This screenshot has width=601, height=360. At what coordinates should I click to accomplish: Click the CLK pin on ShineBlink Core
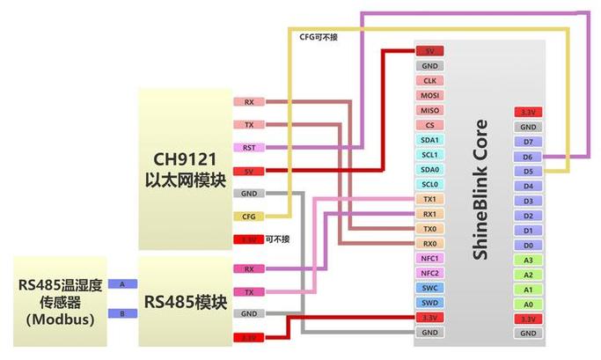(429, 80)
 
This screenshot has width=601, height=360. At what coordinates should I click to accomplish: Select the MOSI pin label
(429, 95)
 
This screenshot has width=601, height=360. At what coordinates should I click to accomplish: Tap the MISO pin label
(429, 110)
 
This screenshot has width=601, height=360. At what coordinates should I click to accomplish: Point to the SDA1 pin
(429, 140)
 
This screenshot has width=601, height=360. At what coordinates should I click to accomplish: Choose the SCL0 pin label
(429, 185)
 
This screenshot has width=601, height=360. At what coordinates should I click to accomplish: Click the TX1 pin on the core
(429, 200)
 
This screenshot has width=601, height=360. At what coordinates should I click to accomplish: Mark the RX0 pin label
(429, 244)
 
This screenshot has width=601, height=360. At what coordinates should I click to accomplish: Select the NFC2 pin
(429, 274)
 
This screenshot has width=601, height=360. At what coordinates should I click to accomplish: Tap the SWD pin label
(429, 303)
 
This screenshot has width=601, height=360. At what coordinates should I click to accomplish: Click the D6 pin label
(527, 157)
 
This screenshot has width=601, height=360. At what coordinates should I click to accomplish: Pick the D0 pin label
(527, 246)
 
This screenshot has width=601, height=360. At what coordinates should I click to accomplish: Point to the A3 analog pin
(527, 261)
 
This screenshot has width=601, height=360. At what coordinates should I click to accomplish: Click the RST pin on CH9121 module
(249, 147)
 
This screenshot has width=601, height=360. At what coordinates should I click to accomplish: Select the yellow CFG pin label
(249, 216)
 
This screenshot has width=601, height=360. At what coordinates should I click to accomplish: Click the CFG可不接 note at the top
(318, 37)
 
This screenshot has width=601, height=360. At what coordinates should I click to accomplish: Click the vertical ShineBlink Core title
(480, 188)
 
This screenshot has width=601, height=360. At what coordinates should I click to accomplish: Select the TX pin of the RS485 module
(249, 291)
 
